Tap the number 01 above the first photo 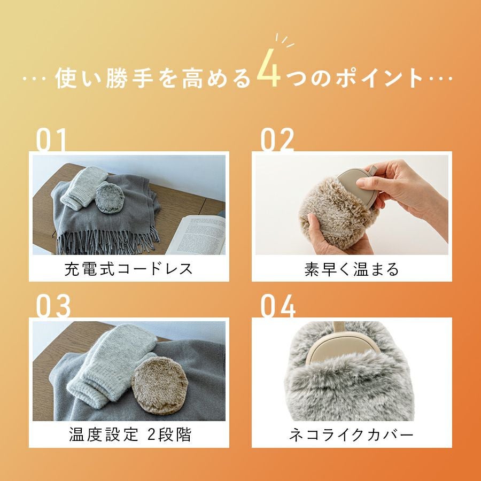52,141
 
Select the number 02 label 277,141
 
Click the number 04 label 278,306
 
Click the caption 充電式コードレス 128,269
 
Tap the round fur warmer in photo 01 111,199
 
